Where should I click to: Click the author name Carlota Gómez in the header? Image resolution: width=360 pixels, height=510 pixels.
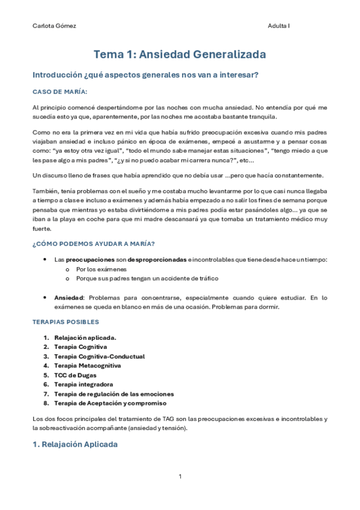point(53,26)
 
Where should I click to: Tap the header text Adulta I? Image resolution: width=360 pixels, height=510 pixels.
point(279,26)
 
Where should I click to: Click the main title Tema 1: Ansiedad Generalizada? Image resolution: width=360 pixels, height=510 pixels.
point(180,55)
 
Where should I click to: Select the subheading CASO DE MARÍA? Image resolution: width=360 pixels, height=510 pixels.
point(60,91)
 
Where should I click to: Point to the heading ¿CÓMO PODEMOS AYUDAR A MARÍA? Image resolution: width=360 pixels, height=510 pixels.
point(93,243)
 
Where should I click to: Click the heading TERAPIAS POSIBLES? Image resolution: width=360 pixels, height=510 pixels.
point(65,322)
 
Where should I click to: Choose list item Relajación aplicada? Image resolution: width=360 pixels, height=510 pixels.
point(85,337)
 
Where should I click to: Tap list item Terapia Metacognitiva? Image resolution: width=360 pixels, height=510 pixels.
point(87,365)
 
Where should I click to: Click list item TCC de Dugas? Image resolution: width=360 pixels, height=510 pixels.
point(75,375)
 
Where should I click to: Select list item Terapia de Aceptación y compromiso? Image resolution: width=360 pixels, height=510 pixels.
point(110,402)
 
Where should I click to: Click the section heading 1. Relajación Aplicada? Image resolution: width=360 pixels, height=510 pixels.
point(75,444)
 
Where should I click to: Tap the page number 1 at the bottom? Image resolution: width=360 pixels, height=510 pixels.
point(180,476)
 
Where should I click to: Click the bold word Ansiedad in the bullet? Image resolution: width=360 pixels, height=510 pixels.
point(69,297)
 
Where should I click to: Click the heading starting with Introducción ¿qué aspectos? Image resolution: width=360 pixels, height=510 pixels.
point(145,75)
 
